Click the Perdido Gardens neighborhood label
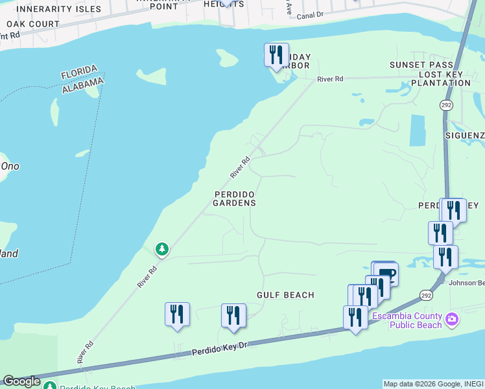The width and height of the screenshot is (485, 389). (x=234, y=198)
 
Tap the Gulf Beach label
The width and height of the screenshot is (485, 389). (x=285, y=295)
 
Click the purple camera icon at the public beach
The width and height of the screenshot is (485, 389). (x=452, y=319)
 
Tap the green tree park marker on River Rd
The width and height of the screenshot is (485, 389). (x=161, y=249)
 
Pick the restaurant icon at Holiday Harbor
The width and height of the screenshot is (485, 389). (x=276, y=54)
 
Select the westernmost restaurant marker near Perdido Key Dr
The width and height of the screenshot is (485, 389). (x=177, y=314)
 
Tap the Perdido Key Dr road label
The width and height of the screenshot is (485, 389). (x=220, y=349)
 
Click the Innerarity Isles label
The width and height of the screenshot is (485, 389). (x=59, y=9)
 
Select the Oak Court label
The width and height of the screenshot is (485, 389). (x=32, y=24)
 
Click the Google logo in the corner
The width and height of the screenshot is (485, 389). (x=21, y=381)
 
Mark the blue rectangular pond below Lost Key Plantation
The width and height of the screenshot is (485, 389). (x=418, y=130)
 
